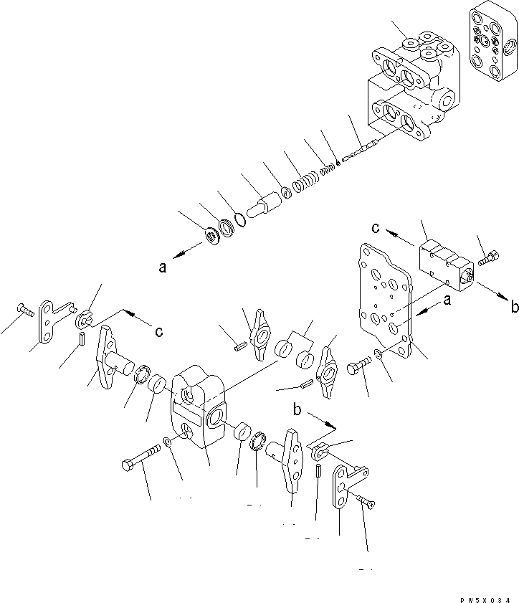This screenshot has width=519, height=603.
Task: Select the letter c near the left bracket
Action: [x=158, y=331]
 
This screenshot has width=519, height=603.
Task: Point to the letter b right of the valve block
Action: [x=514, y=308]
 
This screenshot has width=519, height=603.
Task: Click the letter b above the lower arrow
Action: [x=296, y=410]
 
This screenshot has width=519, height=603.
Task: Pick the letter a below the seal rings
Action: [x=163, y=268]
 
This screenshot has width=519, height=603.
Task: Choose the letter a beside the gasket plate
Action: [x=447, y=302]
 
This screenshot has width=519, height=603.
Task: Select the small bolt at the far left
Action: [x=24, y=310]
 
